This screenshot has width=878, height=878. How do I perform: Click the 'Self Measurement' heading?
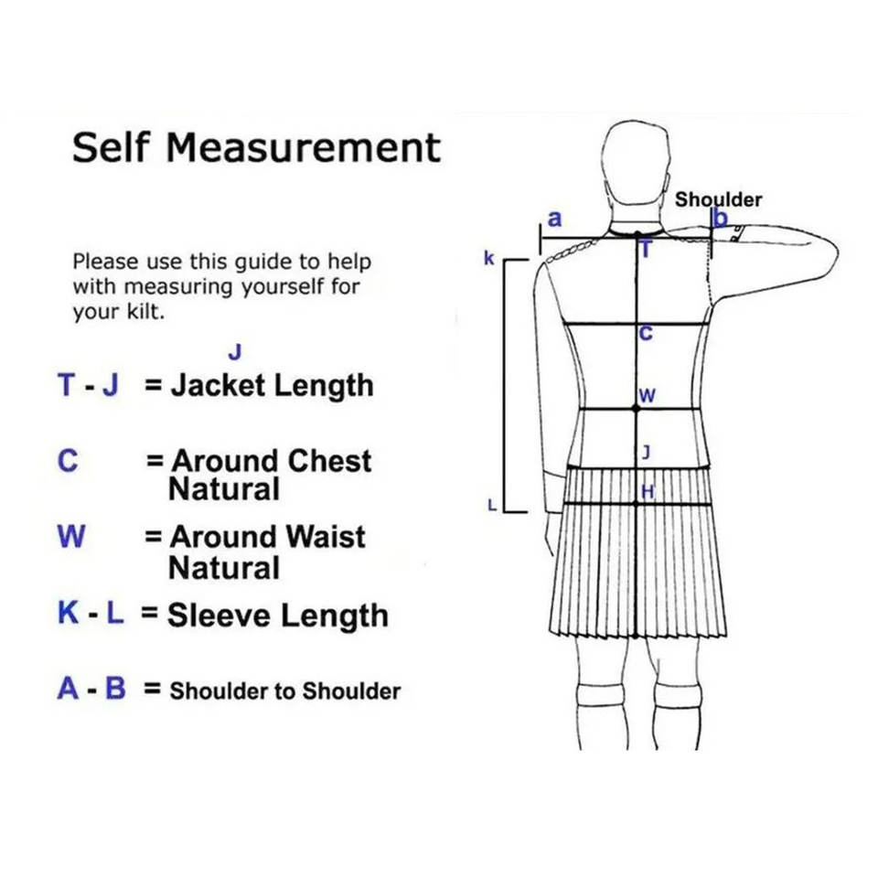pos(256,147)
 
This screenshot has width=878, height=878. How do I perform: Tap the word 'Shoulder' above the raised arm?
pos(718,199)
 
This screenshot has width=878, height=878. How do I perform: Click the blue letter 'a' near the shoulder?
pos(554,219)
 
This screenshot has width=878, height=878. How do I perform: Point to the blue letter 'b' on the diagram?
pos(720,219)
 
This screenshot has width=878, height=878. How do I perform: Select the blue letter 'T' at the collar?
pos(645,249)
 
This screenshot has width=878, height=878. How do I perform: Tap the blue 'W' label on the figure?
pos(647,396)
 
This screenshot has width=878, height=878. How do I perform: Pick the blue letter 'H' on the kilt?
pos(648,492)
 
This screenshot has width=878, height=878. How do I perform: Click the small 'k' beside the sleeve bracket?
pos(489,259)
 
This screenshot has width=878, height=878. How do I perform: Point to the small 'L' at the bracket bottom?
pos(491,505)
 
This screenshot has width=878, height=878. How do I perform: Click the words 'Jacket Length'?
pos(273,385)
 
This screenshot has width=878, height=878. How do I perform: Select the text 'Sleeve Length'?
pos(277,615)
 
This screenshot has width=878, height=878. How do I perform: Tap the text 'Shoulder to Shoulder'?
pos(284,691)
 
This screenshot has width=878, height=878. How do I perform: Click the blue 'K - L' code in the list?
pos(91,613)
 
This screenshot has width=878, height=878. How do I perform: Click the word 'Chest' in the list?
pos(323,460)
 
